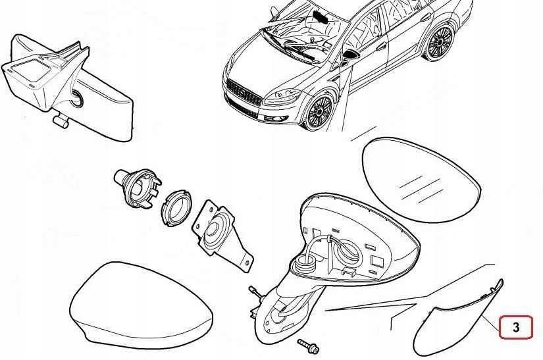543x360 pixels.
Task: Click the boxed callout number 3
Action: pos(515,327)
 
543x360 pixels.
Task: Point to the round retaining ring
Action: pos(176,208)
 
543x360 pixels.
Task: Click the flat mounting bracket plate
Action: pos(222,236)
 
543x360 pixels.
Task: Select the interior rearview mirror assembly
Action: pos(68,88)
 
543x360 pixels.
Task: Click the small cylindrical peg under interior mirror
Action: pos(61,121)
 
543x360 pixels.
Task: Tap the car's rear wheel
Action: pos(440,43)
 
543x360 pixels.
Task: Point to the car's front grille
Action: pos(244,92)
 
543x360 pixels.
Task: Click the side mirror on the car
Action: pos(349,57)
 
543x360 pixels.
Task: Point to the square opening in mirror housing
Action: pos(376,261)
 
